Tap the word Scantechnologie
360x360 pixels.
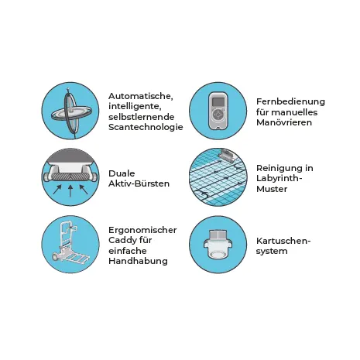pos(146,127)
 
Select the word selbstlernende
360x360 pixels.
pos(142,117)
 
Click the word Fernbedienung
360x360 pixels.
pos(290,101)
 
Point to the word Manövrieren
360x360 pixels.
pos(284,122)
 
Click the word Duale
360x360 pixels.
pos(122,173)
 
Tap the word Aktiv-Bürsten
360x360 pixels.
pos(139,183)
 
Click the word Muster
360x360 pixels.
pos(272,189)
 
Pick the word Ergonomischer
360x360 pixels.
pos(142,230)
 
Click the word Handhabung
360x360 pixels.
pos(138,261)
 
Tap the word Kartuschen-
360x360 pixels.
pos(283,241)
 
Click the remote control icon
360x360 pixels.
pos(218,111)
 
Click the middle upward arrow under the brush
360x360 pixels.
pos(70,190)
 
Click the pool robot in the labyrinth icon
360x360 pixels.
pos(227,154)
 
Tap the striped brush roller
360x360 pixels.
pos(70,177)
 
